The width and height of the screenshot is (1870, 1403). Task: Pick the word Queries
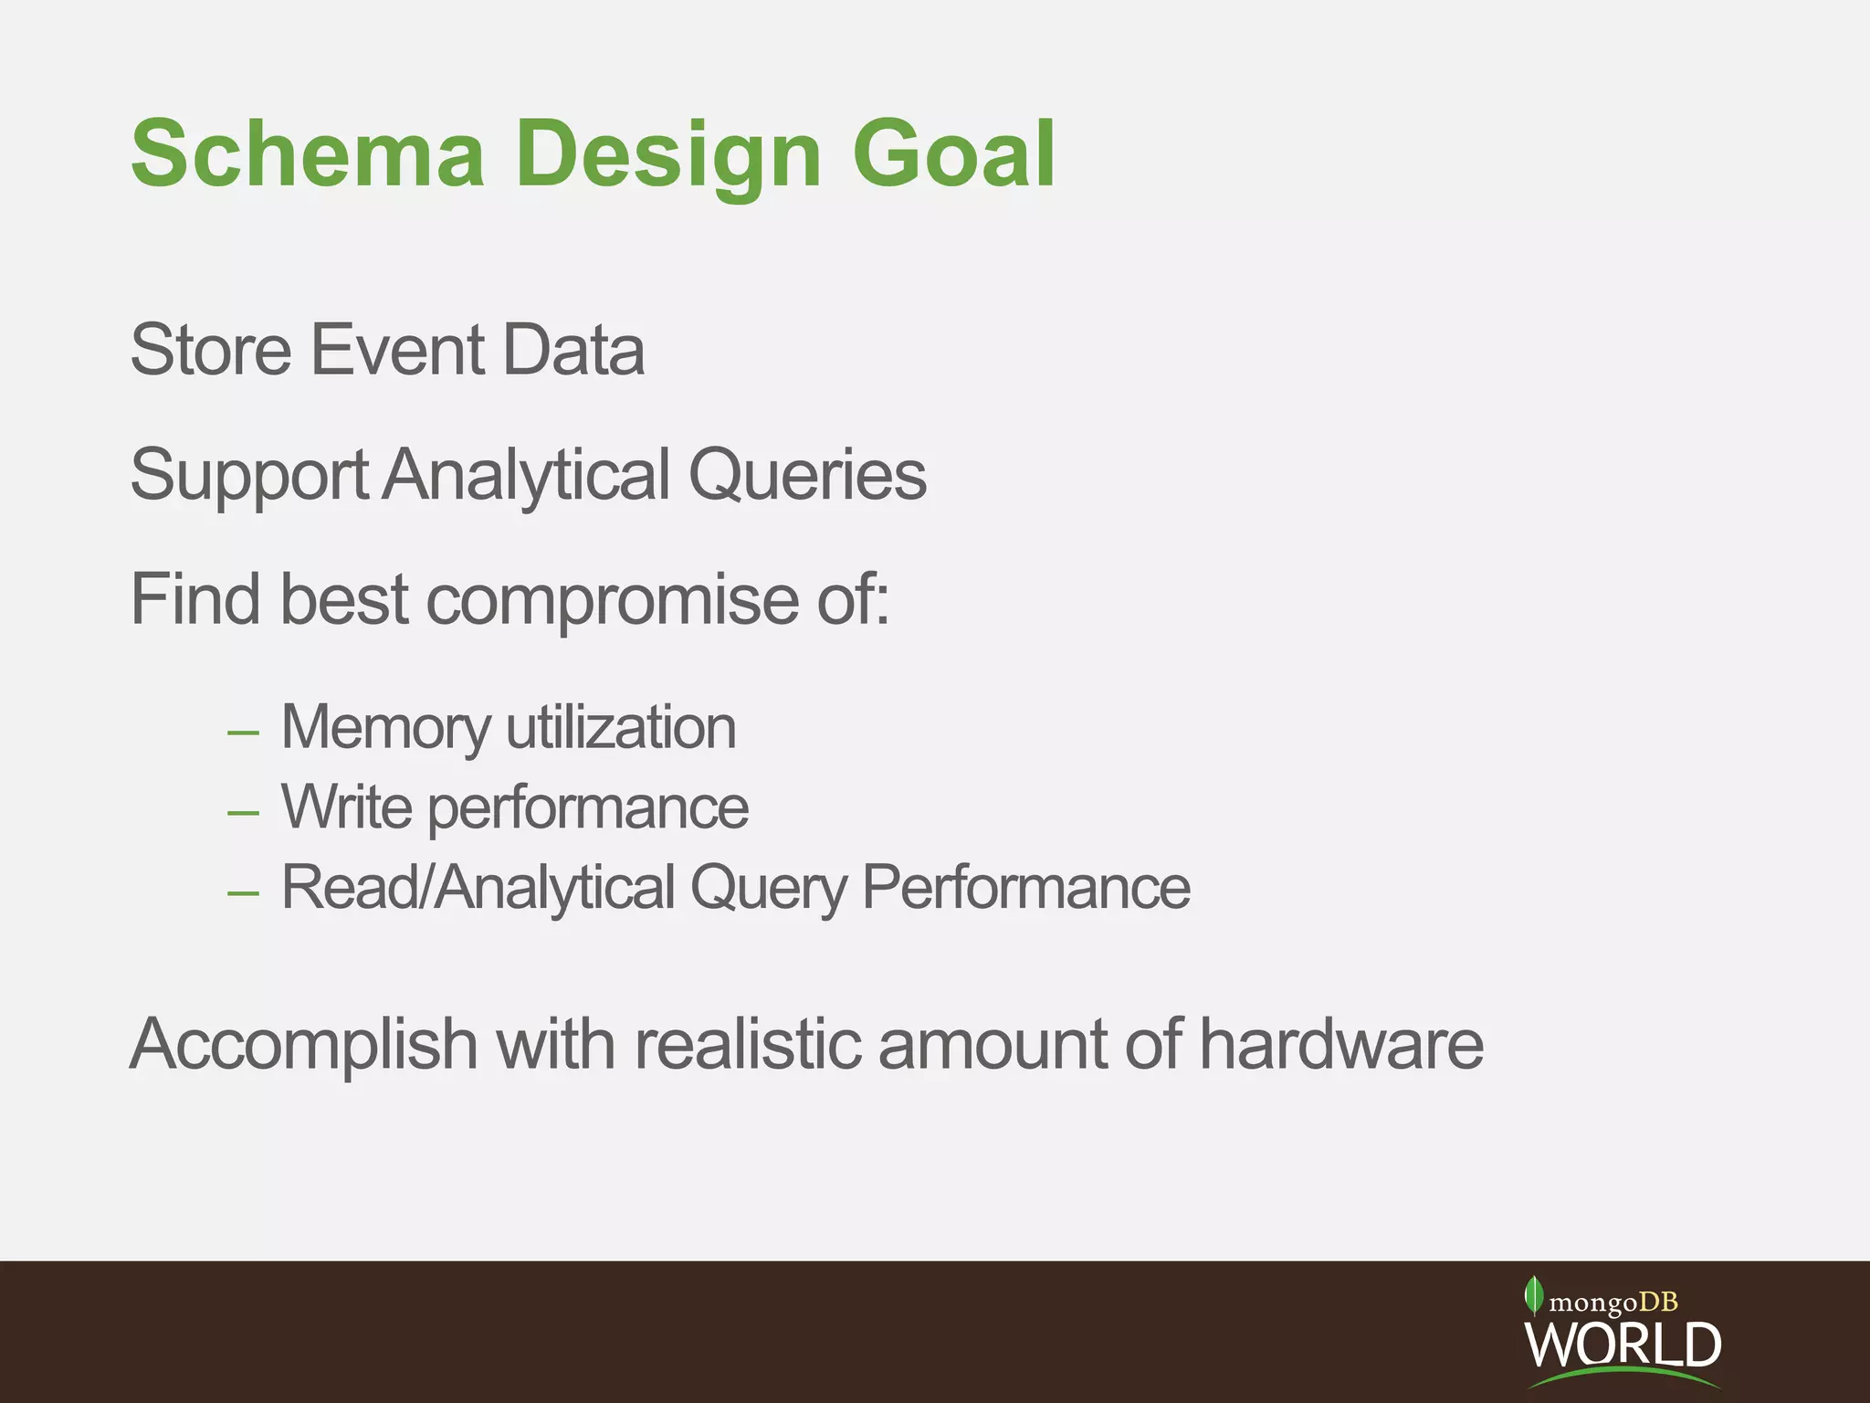pos(807,475)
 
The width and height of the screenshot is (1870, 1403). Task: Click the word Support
pos(248,475)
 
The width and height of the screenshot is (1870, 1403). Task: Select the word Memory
pos(385,728)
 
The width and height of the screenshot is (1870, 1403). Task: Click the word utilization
pos(621,728)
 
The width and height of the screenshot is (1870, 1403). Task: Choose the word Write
pos(346,807)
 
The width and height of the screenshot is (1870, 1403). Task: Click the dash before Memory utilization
pos(243,733)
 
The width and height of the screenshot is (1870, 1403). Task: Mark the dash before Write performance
pos(243,812)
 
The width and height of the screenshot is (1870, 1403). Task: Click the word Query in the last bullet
pos(768,888)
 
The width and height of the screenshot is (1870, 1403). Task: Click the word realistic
pos(747,1044)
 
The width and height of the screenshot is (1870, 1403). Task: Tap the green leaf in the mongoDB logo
pos(1533,1295)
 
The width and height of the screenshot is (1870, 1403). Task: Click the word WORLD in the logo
pos(1623,1344)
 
